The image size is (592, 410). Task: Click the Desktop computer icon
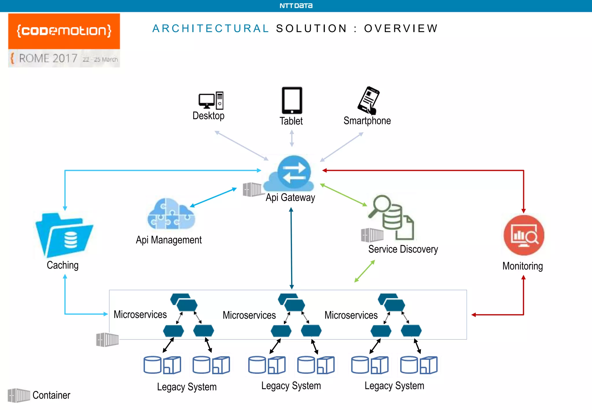(211, 100)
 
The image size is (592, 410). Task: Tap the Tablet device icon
(292, 100)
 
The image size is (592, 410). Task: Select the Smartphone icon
(368, 100)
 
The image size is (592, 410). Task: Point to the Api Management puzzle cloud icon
(171, 214)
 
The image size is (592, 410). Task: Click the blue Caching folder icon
(64, 235)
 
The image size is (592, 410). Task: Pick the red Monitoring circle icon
(524, 235)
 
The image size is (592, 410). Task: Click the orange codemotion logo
(64, 31)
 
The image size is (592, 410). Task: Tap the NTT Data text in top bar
(296, 6)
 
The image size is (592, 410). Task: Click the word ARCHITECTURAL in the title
(211, 28)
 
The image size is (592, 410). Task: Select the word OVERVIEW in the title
(401, 28)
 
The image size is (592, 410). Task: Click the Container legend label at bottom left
(51, 395)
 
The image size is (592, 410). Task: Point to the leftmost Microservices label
(140, 314)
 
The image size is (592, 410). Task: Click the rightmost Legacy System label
(394, 386)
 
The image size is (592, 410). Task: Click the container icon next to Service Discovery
(372, 235)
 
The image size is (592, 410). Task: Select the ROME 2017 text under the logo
(48, 58)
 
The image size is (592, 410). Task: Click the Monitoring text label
(522, 266)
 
